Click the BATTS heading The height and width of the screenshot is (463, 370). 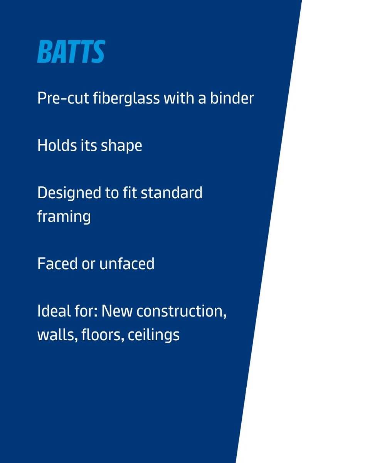(71, 52)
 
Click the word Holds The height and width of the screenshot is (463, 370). (52, 145)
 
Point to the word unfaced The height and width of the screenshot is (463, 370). (127, 264)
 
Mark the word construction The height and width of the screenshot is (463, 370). (182, 311)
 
